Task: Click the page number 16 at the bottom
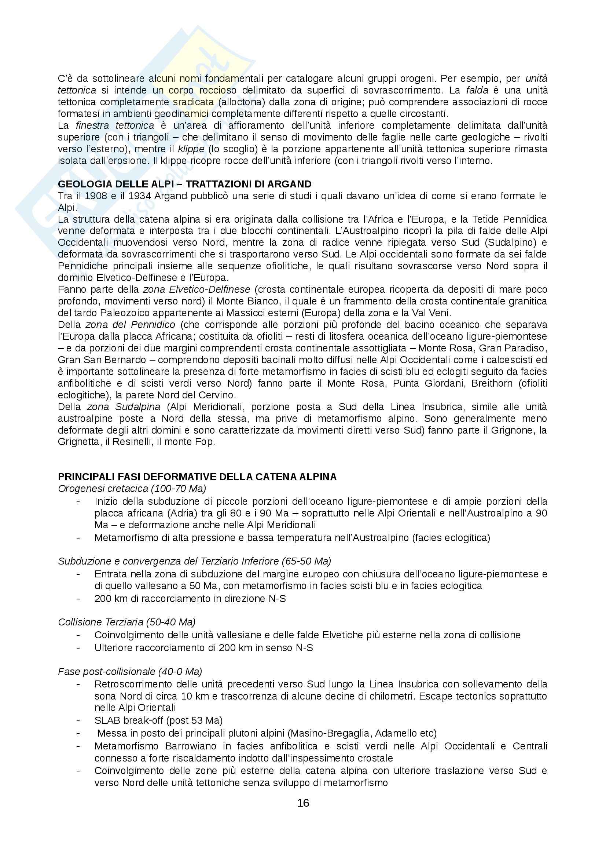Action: [x=303, y=803]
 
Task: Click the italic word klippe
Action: [x=191, y=149]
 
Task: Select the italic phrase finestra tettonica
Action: [x=115, y=125]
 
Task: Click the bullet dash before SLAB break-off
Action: [x=78, y=720]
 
